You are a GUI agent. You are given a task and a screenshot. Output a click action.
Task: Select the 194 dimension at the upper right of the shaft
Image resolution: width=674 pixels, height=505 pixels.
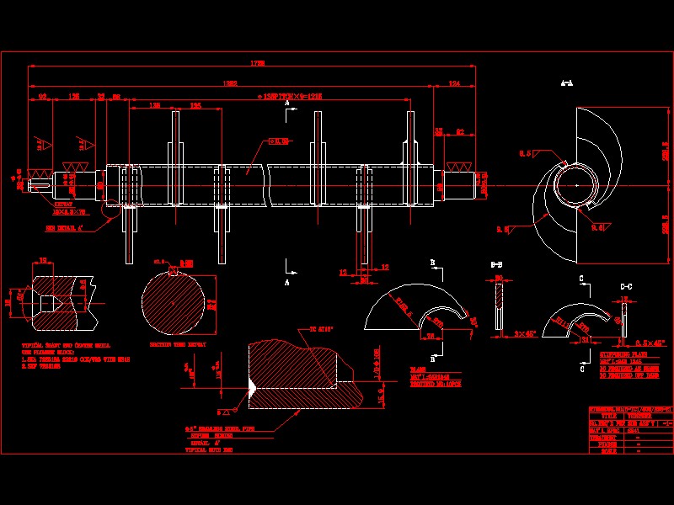point(455,83)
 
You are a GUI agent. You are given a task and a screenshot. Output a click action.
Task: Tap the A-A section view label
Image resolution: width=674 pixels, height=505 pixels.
point(567,83)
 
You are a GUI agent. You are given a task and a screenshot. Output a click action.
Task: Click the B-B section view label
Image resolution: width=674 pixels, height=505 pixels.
point(496,266)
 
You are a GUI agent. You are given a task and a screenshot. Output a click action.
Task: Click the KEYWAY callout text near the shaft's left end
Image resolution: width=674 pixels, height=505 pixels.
point(65,204)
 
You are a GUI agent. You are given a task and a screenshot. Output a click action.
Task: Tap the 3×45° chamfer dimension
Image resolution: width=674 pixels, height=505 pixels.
point(525,334)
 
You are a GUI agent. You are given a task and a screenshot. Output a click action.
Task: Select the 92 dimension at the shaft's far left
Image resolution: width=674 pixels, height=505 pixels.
point(42,98)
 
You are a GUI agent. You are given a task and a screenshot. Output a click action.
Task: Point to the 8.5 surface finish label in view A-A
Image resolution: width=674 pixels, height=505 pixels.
point(525,153)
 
